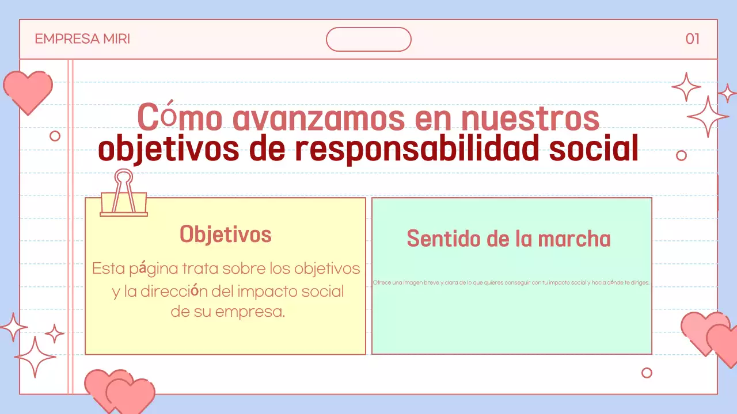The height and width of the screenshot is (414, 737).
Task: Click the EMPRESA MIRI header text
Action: pyautogui.click(x=82, y=39)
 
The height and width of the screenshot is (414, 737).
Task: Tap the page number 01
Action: pyautogui.click(x=692, y=39)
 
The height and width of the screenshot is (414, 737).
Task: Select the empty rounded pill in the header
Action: pyautogui.click(x=368, y=40)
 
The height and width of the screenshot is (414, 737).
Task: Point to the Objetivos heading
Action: pyautogui.click(x=225, y=235)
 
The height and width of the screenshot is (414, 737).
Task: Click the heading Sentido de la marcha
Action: pyautogui.click(x=508, y=239)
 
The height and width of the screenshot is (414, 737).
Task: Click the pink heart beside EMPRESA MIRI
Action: pyautogui.click(x=28, y=91)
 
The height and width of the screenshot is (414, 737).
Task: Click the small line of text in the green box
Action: pyautogui.click(x=511, y=283)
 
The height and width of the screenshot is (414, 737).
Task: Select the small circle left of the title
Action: pyautogui.click(x=55, y=136)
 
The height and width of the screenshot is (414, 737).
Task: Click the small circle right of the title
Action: pyautogui.click(x=681, y=155)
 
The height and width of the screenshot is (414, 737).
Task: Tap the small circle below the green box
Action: pyautogui.click(x=647, y=373)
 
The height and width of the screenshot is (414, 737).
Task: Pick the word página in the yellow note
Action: pyautogui.click(x=154, y=269)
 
